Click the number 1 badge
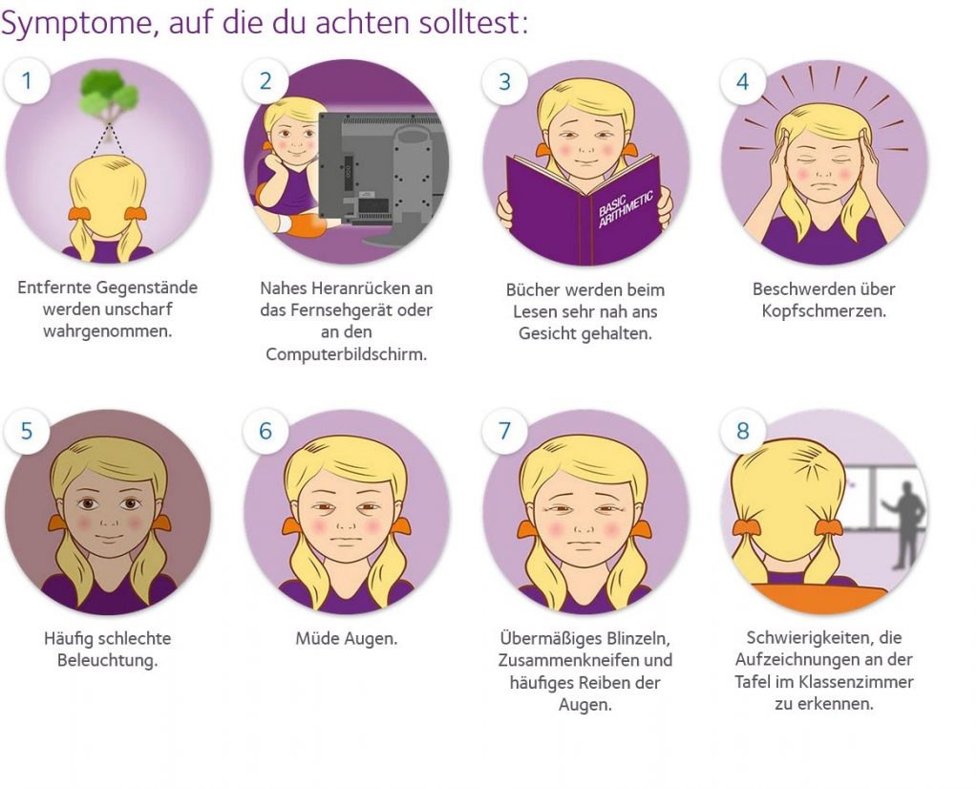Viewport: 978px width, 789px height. pyautogui.click(x=27, y=81)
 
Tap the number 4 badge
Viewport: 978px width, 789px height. pyautogui.click(x=743, y=82)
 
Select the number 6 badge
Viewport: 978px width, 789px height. pyautogui.click(x=266, y=431)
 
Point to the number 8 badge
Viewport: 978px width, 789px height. pyautogui.click(x=743, y=431)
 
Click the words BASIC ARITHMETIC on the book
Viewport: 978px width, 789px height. pyautogui.click(x=626, y=208)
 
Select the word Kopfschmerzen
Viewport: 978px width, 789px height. pyautogui.click(x=823, y=310)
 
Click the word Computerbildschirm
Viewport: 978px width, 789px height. pyautogui.click(x=346, y=354)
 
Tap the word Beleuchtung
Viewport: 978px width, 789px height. pyautogui.click(x=107, y=660)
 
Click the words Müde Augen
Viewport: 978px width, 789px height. pyautogui.click(x=346, y=639)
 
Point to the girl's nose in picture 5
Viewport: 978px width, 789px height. pyautogui.click(x=109, y=519)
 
